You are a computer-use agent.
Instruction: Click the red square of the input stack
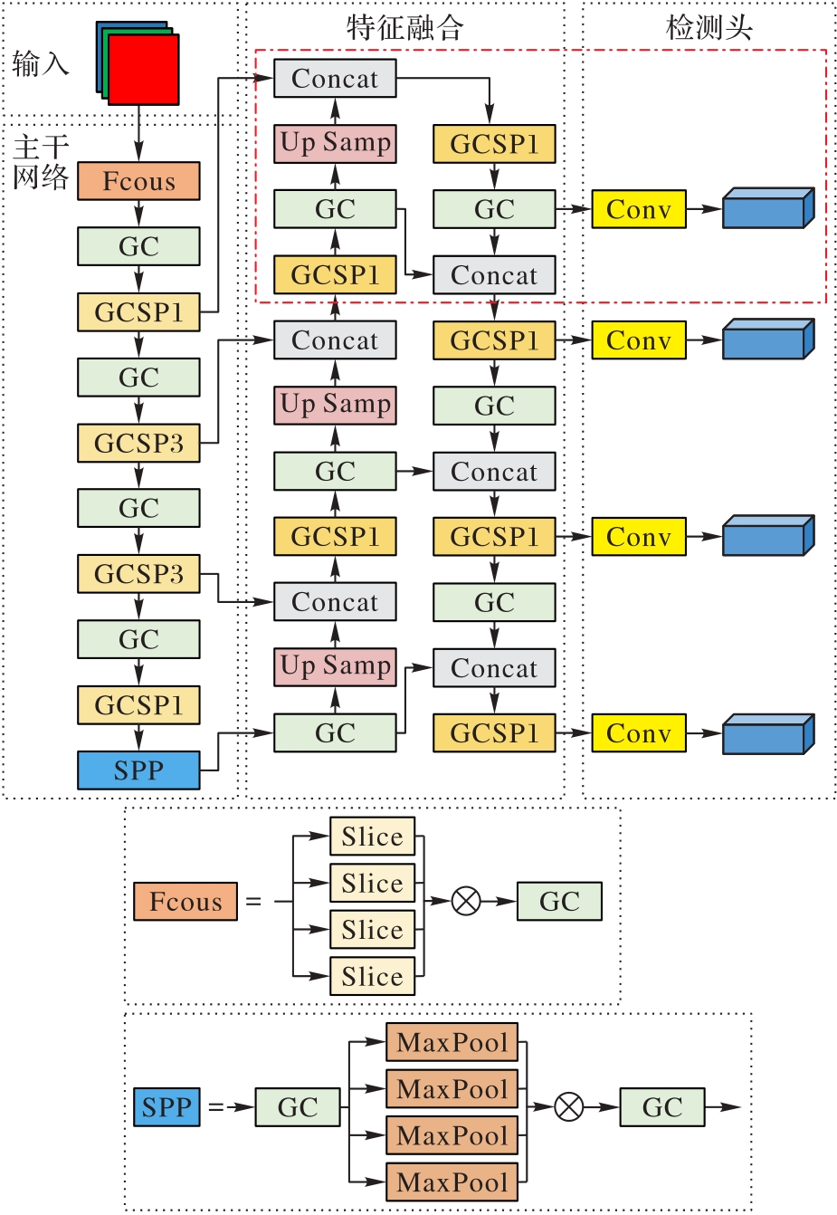143,70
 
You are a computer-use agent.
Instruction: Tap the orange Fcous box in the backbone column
138,181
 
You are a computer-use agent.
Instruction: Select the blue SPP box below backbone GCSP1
138,770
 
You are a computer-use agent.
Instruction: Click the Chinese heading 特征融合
404,27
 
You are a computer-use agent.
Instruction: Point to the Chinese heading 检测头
709,27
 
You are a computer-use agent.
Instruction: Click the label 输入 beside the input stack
41,64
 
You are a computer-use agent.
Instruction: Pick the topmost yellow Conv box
639,209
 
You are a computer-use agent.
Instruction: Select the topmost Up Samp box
336,143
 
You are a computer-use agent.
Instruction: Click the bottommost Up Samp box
336,666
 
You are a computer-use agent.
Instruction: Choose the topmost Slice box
372,837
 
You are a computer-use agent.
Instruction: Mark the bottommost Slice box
372,976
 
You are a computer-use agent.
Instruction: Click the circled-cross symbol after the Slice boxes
466,901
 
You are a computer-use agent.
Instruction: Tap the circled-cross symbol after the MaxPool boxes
568,1106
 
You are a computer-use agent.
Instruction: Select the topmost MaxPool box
452,1042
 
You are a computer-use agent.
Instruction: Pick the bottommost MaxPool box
452,1182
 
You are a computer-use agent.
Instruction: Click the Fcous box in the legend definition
185,902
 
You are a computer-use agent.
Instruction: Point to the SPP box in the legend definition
167,1107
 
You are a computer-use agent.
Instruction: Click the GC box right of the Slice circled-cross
559,902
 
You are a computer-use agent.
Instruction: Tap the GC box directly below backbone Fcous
138,246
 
